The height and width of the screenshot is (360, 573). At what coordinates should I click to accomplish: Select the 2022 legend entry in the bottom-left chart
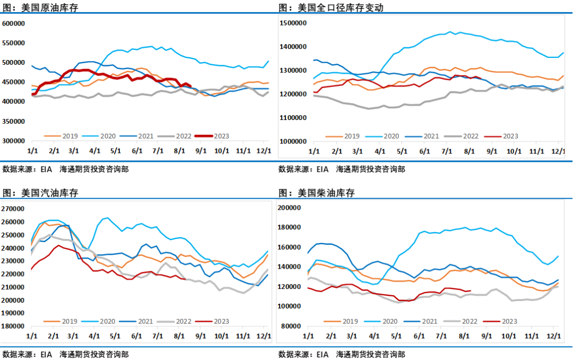click(178, 321)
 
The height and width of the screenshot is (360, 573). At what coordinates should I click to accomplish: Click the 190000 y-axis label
click(14, 313)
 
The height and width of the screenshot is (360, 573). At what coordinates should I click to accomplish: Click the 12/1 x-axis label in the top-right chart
click(558, 151)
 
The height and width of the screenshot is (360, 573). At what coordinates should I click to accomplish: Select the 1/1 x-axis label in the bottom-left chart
click(31, 336)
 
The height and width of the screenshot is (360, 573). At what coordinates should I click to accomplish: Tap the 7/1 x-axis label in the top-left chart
click(158, 151)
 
